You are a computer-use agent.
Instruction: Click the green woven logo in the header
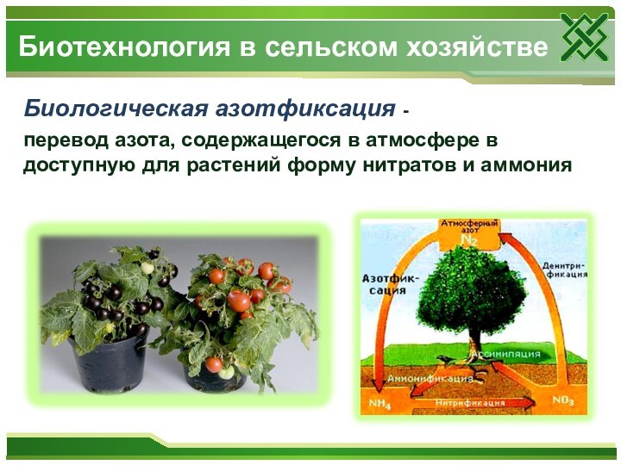(x=584, y=38)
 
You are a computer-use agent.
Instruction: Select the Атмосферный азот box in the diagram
(x=470, y=230)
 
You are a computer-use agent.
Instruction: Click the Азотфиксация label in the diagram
(x=390, y=284)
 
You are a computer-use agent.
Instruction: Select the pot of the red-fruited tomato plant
(x=221, y=373)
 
